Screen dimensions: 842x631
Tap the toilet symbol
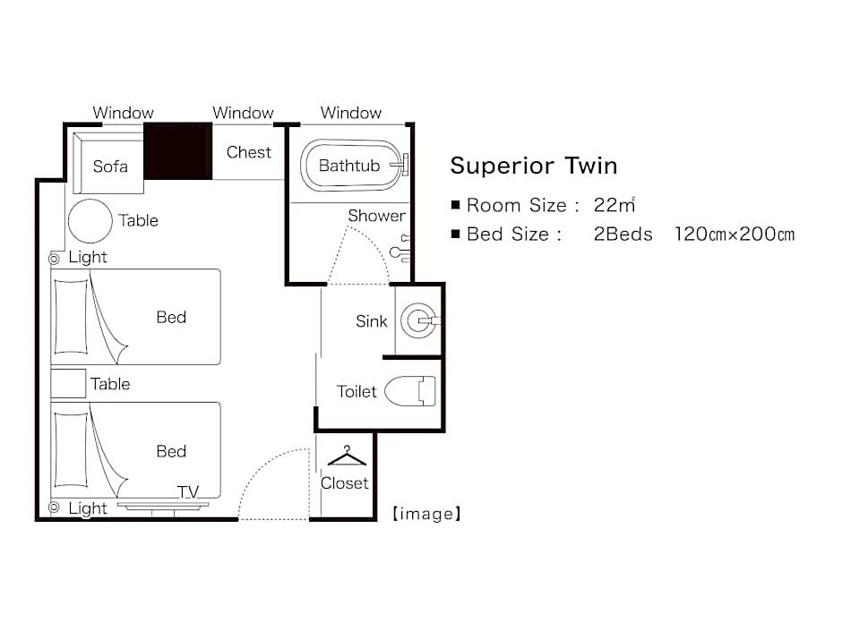tap(410, 391)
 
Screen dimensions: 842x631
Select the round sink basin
tap(418, 320)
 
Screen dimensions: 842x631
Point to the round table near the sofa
tap(90, 220)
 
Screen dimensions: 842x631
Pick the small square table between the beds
tap(68, 383)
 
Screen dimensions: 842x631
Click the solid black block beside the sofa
tap(177, 151)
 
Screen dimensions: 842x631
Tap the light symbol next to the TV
tap(54, 507)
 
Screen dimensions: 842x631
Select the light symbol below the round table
tap(54, 260)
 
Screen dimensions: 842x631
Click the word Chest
tap(249, 152)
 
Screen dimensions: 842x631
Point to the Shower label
tap(376, 216)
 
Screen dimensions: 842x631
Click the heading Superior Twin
tap(534, 166)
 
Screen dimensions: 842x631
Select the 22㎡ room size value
tap(614, 205)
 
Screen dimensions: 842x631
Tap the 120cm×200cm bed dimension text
tap(735, 234)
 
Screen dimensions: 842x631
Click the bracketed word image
tap(426, 514)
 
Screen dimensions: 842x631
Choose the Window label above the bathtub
tap(350, 113)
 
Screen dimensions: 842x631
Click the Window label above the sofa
tap(123, 113)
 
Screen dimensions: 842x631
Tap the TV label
tap(188, 492)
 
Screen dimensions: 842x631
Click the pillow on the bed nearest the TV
tap(71, 449)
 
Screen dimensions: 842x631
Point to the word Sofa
tap(110, 166)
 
